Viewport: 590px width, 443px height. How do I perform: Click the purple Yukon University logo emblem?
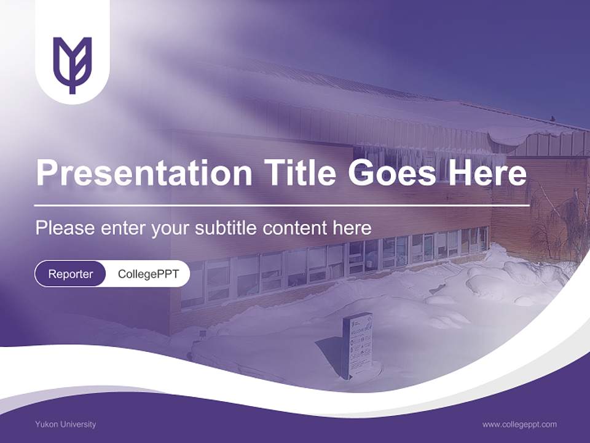point(72,65)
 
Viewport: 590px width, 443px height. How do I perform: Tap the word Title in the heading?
point(299,172)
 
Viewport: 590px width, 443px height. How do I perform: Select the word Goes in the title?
point(392,173)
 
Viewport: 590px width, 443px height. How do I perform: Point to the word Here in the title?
point(487,172)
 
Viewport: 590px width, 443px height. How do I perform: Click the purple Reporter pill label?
point(70,274)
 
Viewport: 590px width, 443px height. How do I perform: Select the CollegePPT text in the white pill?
point(148,274)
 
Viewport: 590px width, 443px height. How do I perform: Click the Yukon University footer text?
point(65,424)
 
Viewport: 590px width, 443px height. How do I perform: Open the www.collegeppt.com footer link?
point(519,424)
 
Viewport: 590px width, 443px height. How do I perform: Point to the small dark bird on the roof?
point(553,118)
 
